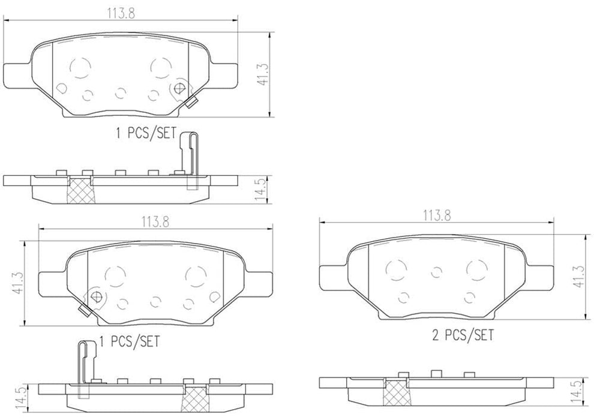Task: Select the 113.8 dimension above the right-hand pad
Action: point(438,215)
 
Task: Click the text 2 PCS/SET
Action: point(463,334)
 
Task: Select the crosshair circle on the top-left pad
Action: point(178,90)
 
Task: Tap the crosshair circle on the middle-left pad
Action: point(95,296)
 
